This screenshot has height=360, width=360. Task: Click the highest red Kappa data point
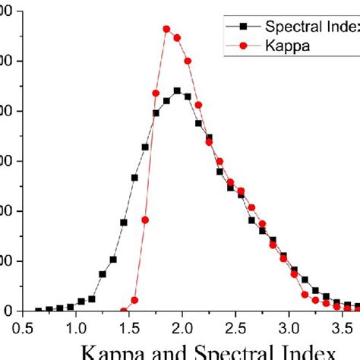[166, 29]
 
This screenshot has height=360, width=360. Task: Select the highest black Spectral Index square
[177, 90]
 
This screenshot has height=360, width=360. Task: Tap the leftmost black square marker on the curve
[39, 311]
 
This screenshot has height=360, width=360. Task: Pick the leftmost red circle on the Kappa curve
[124, 310]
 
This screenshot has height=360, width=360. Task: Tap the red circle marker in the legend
[242, 46]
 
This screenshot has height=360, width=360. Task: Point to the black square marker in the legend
[242, 27]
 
